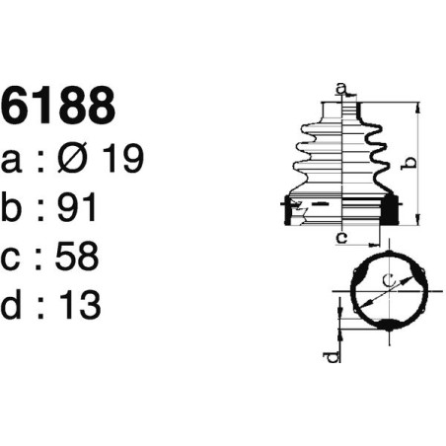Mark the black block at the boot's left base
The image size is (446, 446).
[291, 209]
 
